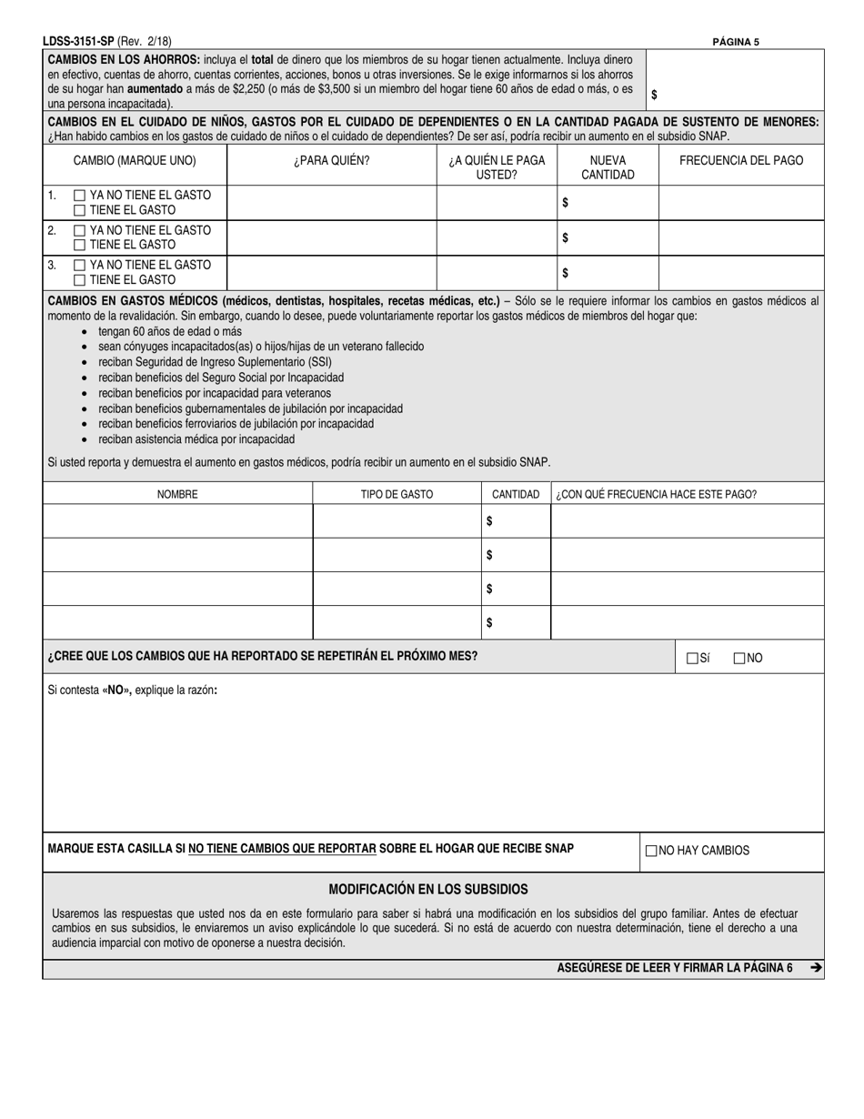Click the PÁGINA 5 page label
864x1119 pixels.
736,41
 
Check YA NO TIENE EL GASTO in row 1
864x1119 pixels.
80,196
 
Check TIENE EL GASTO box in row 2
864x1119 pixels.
80,245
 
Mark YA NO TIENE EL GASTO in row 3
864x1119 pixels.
80,265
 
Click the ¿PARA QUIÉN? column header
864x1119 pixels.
331,161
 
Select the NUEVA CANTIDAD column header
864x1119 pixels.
607,167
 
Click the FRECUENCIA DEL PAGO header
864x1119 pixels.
741,161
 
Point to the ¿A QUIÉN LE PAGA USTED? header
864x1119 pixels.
497,167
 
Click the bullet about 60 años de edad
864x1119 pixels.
169,331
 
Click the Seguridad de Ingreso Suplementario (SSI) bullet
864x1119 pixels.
215,361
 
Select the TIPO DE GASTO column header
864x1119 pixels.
397,494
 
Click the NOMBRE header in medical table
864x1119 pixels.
177,494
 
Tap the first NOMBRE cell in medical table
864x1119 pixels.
177,520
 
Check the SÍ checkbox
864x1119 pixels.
692,658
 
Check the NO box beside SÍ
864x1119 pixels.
738,658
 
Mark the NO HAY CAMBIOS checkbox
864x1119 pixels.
651,851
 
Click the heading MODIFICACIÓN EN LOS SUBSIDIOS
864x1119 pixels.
427,889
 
